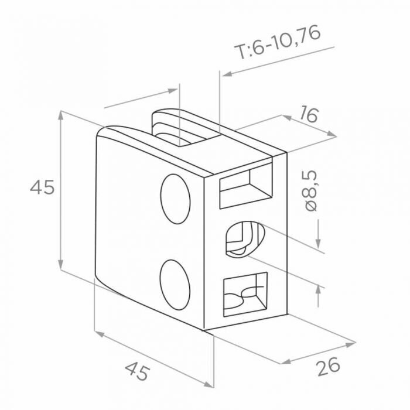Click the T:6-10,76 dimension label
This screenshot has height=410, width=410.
277,42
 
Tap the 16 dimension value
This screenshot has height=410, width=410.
309,114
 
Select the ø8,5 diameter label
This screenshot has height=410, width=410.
311,191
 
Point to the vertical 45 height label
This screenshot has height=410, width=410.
42,187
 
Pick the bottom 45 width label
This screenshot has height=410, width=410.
138,371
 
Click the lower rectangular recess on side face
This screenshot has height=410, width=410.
245,294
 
